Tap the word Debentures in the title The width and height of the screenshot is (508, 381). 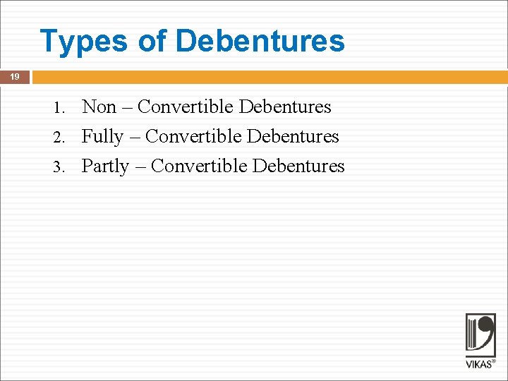click(260, 42)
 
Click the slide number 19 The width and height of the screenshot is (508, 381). click(15, 77)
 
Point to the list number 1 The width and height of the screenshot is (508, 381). click(59, 108)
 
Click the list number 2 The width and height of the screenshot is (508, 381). click(59, 138)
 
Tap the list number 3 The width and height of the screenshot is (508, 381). click(59, 167)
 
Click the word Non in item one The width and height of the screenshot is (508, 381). click(99, 107)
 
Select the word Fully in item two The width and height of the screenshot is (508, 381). click(102, 137)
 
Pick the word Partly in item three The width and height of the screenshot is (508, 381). click(105, 167)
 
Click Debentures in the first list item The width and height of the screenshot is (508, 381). click(285, 107)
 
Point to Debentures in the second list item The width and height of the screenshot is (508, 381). click(293, 137)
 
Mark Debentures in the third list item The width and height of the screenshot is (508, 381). click(298, 167)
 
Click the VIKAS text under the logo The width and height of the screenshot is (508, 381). click(479, 364)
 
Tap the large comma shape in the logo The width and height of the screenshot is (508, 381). click(485, 332)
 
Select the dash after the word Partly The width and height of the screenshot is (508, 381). click(140, 167)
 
